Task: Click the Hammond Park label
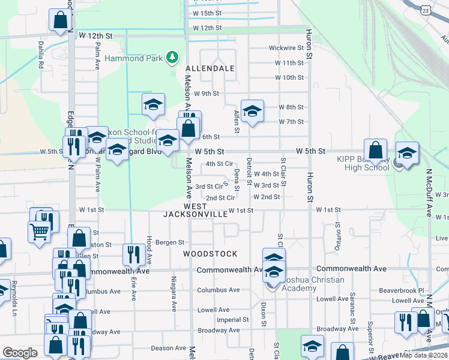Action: [135, 58]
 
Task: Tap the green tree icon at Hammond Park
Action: [173, 57]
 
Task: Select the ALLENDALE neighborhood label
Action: [209, 68]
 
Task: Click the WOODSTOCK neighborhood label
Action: [210, 254]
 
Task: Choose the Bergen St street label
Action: [170, 242]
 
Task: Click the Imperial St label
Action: [229, 320]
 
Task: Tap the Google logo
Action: [20, 353]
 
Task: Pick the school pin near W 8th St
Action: [253, 110]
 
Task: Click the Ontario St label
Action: [337, 236]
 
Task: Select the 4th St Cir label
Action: [218, 163]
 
